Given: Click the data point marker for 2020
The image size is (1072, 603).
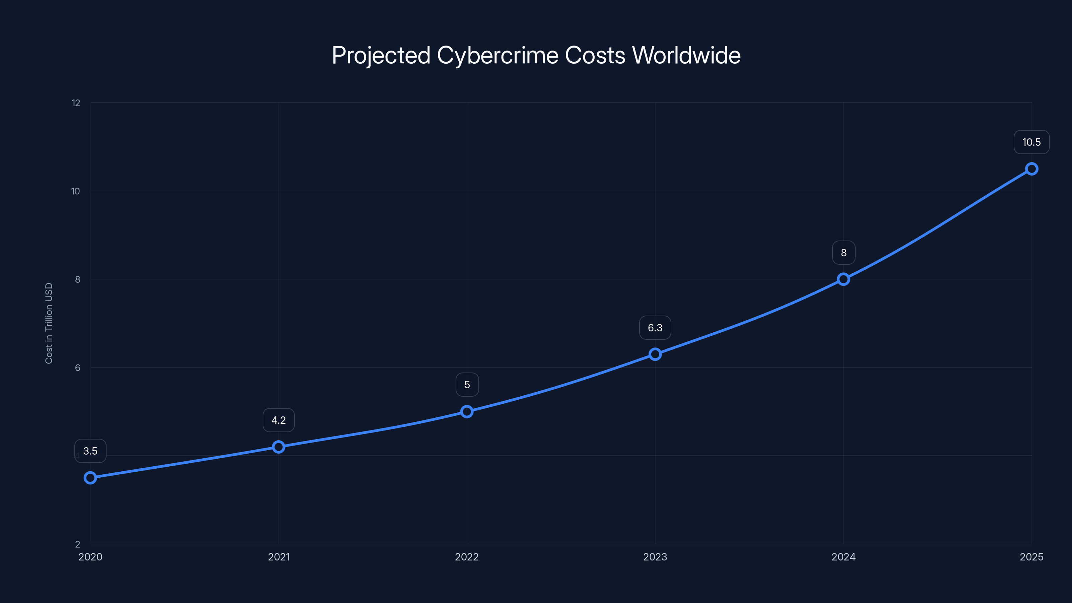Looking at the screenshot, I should tap(90, 477).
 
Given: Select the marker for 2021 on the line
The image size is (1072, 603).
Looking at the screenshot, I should tap(278, 447).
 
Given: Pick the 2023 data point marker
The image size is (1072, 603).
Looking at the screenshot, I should tap(655, 354).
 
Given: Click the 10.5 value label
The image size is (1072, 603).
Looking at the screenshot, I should tap(1031, 142).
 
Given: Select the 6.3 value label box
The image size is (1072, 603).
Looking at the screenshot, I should tap(655, 328).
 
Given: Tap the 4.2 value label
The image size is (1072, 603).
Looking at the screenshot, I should tap(278, 420).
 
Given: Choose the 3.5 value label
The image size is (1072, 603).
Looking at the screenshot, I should tap(90, 451).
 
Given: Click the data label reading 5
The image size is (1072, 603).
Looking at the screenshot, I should tap(467, 385).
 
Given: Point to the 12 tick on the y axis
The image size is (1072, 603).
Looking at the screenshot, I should tap(76, 103).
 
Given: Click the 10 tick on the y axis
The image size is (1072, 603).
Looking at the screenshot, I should tap(75, 191).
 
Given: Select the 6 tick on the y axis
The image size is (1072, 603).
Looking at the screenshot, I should tap(77, 367).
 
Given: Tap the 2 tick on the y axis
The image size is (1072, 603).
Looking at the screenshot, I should tap(77, 544).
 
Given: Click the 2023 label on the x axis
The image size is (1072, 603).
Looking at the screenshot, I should tap(655, 557).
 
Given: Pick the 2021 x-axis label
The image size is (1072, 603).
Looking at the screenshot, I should tap(278, 557).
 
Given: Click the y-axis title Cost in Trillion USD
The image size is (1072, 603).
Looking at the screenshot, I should tap(49, 323).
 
